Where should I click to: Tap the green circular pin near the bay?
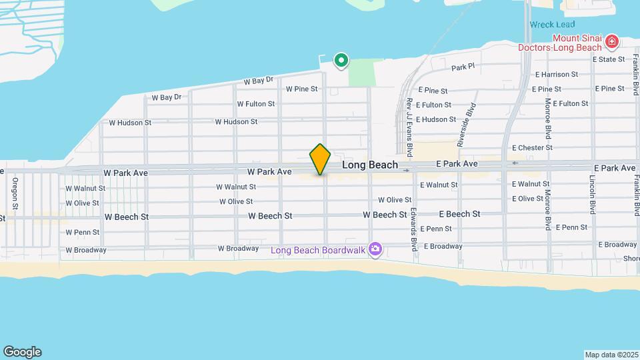point(341,61)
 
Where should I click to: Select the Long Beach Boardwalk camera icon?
point(375,249)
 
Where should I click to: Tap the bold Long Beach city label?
point(370,164)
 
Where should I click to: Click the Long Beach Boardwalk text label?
point(319,250)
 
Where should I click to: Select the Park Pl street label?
point(462,67)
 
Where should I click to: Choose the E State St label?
point(609,59)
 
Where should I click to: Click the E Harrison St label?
point(555,75)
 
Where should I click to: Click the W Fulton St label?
point(256,104)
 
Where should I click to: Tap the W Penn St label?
point(83,233)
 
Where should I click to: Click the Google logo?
point(22,352)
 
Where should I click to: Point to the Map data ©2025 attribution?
point(610,355)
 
